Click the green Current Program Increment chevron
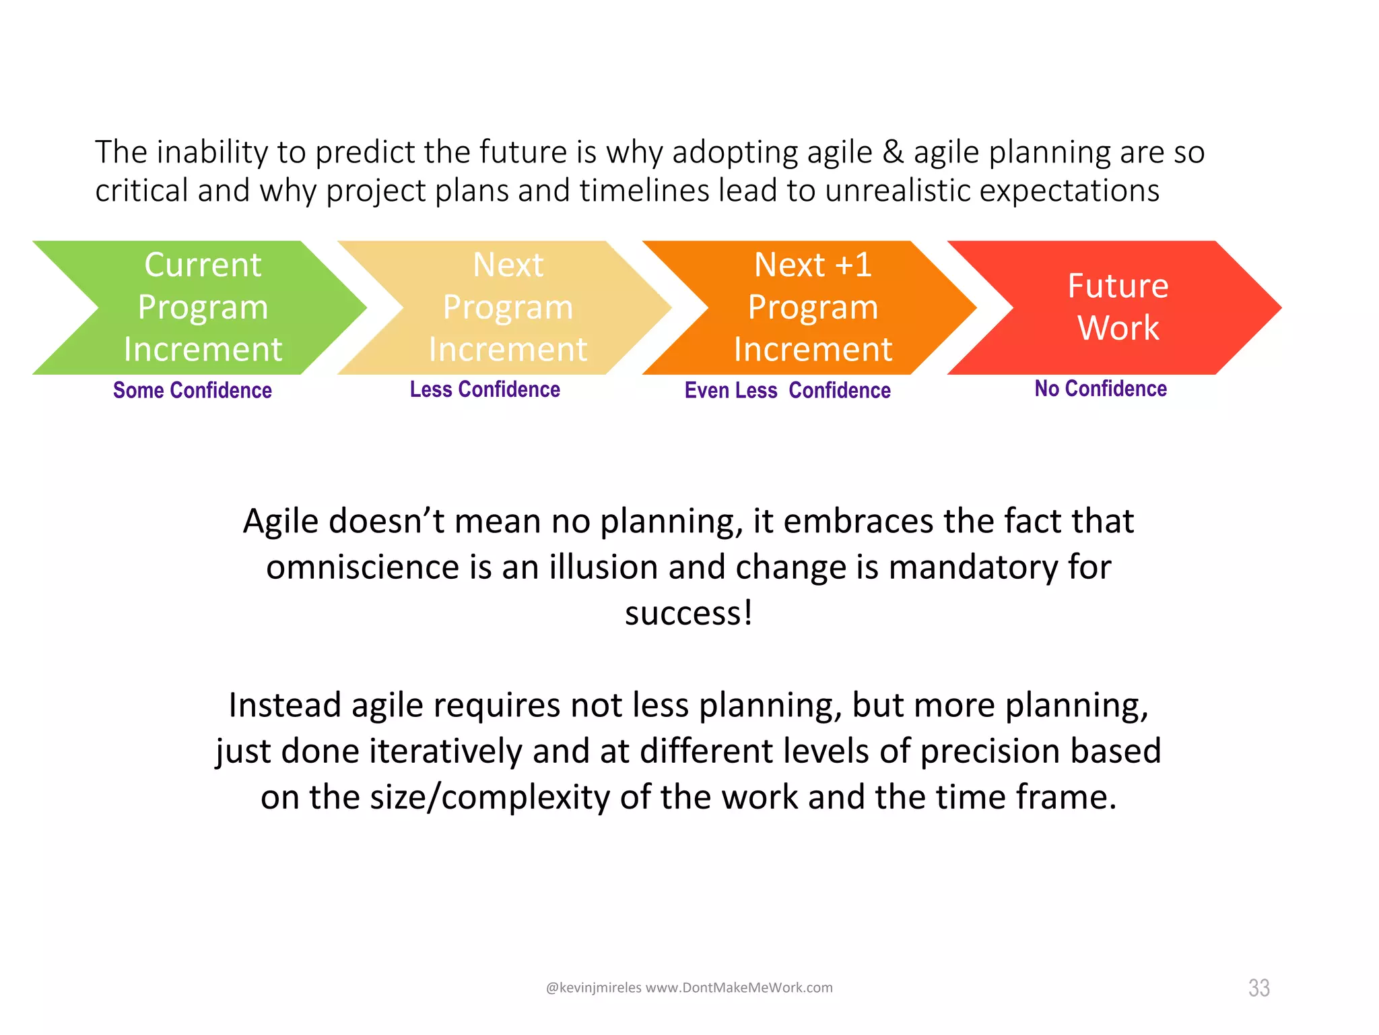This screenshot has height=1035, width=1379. pos(202,307)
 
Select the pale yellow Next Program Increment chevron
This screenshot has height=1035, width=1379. pos(507,307)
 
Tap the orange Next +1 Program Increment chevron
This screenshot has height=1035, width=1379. pos(812,307)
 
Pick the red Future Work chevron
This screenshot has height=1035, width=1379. pos(1118,307)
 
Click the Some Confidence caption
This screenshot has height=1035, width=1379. pos(192,390)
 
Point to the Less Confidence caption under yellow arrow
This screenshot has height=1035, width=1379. pos(485,389)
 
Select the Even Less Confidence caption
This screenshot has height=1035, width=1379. pos(787,390)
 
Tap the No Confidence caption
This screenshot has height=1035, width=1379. pos(1100,389)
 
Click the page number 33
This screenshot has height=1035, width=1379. pos(1258,988)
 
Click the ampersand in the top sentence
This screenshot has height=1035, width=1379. pos(893,152)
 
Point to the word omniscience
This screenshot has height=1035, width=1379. pos(362,567)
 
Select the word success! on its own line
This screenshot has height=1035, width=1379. pos(688,613)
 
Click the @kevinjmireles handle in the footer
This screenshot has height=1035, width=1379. pos(593,988)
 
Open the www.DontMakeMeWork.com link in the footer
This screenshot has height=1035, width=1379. pos(739,988)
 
